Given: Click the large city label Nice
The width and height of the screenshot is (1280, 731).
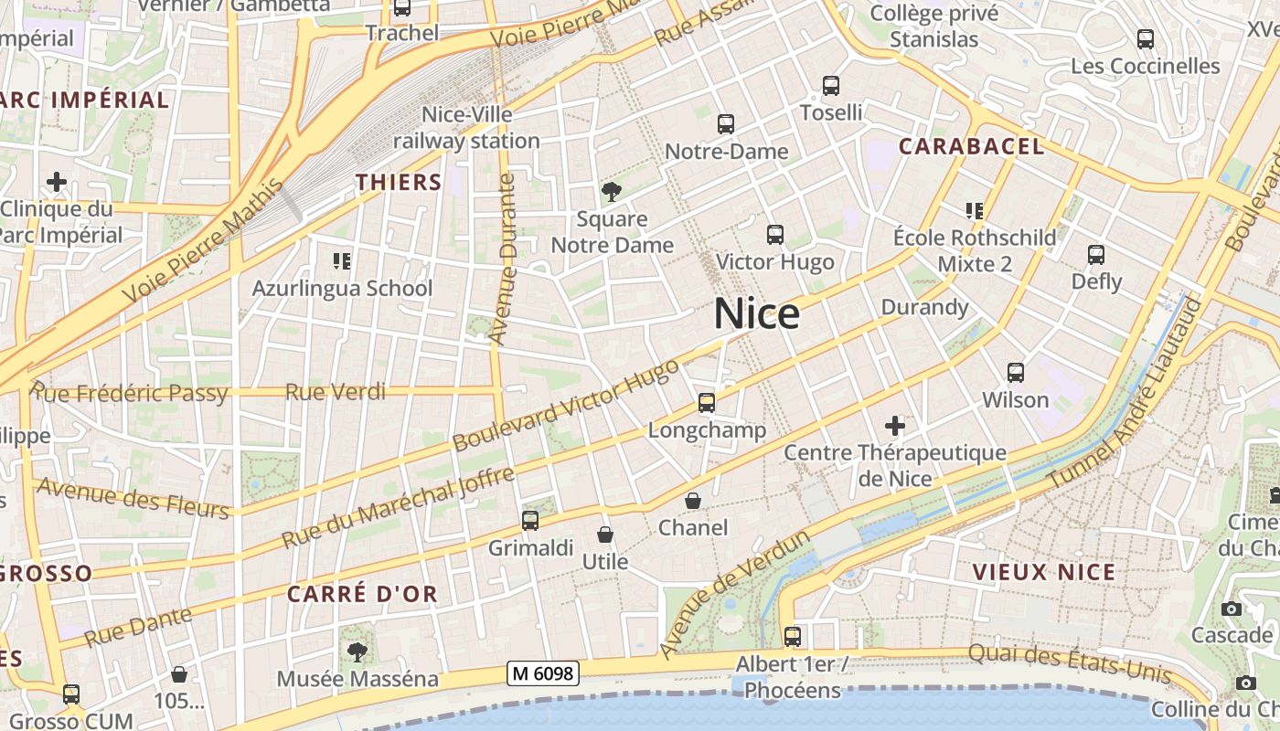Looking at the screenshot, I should [x=756, y=314].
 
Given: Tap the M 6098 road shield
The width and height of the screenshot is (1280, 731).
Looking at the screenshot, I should [x=543, y=674].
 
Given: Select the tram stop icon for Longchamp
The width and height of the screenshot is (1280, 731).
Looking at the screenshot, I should [x=706, y=403].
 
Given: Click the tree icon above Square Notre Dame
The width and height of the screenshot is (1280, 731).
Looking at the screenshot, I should [x=611, y=192].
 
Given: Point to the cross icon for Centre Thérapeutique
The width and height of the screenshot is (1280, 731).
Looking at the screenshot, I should [x=895, y=426].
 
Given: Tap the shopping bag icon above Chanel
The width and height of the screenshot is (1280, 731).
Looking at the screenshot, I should [x=693, y=501].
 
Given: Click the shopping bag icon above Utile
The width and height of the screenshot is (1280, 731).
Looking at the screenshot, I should [x=604, y=534].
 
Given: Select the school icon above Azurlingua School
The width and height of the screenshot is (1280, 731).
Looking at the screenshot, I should [x=342, y=261].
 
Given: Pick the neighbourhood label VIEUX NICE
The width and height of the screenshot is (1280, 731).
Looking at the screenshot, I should [x=1043, y=573].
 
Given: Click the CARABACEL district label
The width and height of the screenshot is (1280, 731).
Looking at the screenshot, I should [x=971, y=146].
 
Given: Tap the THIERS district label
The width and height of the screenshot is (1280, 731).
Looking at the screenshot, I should [x=399, y=182].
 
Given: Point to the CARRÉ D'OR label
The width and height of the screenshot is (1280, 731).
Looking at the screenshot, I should [x=362, y=594].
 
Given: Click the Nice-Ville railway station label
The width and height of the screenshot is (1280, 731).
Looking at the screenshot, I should [x=466, y=128].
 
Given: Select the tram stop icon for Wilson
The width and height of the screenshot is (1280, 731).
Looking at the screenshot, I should [x=1015, y=373].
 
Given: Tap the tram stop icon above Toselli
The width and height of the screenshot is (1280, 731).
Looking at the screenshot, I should [x=830, y=86].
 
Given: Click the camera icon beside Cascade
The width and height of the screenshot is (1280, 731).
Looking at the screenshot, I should [x=1231, y=609].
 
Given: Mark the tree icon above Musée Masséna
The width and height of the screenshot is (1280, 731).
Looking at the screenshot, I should [x=357, y=652].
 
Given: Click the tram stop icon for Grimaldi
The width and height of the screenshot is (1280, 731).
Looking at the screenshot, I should [x=529, y=521].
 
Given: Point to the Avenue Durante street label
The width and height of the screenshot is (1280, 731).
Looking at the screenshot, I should [x=503, y=260].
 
